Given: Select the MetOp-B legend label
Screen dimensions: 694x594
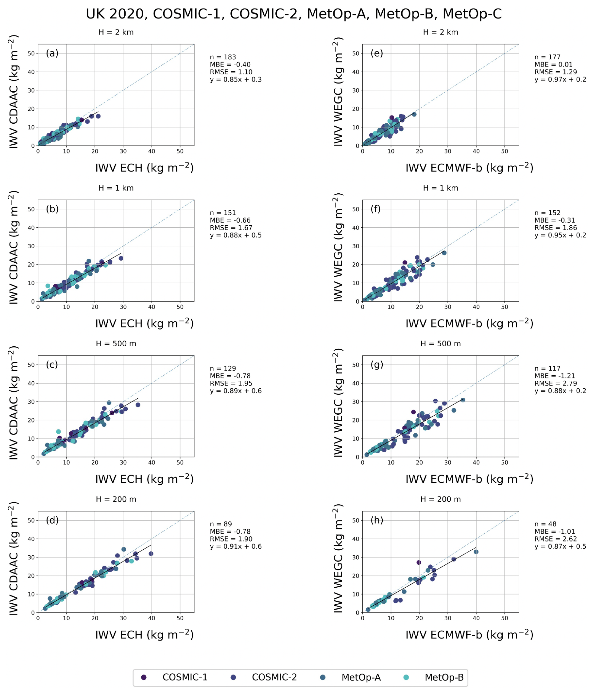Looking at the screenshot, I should (444, 677).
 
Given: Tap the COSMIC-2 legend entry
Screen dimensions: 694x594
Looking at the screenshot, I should (274, 677).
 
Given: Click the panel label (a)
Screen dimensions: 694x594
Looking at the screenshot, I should (52, 53).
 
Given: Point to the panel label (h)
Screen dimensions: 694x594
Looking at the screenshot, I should (376, 520).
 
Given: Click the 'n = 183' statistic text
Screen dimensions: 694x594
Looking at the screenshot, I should (223, 57).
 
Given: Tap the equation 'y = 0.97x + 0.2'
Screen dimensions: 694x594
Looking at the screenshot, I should (560, 80).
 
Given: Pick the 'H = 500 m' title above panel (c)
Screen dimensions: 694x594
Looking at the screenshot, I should (116, 344).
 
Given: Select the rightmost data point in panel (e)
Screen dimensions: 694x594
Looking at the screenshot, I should (414, 115).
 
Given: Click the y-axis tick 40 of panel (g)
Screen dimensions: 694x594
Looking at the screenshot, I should (356, 383).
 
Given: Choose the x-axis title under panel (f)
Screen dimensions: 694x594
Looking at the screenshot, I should (469, 324).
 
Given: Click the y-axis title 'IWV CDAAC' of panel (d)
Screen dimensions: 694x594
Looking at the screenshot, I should (13, 558).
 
